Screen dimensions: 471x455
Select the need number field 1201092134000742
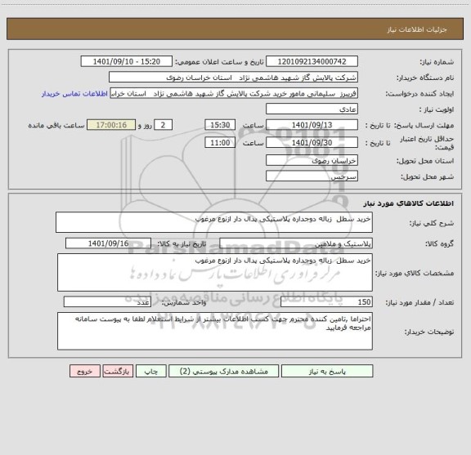[312, 62]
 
